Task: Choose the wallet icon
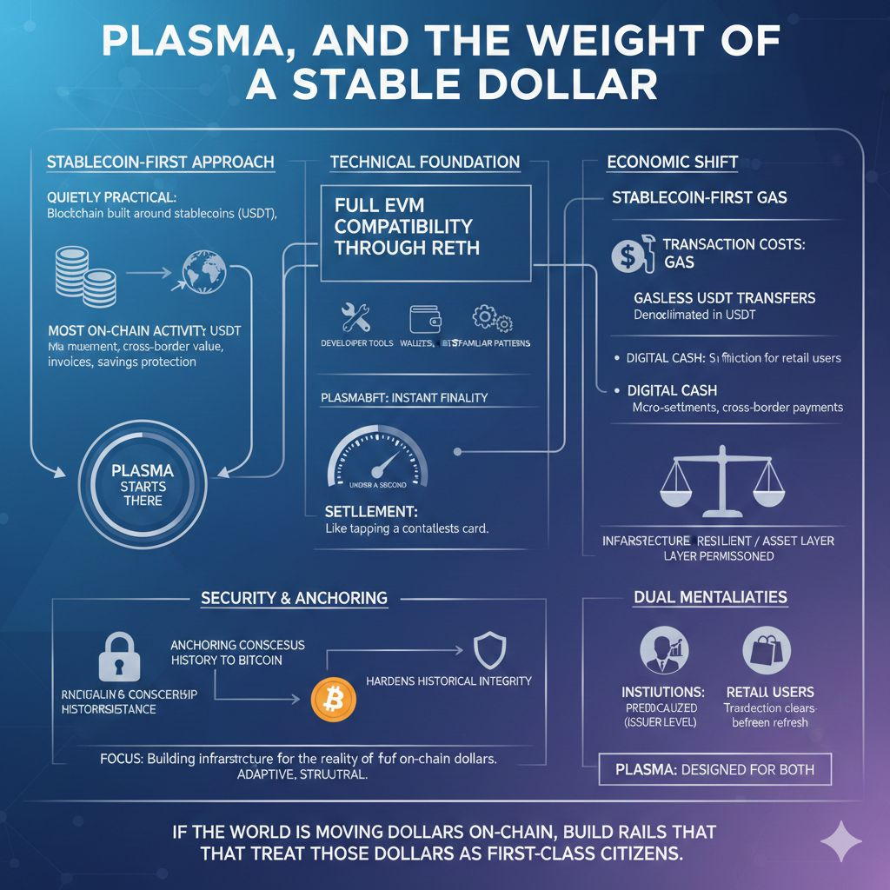click(x=422, y=318)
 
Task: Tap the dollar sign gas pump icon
click(x=633, y=255)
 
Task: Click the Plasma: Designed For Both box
click(x=715, y=769)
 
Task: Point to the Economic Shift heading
click(x=673, y=162)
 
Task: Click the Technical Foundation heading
click(x=425, y=162)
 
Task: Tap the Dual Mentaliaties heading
click(x=711, y=597)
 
